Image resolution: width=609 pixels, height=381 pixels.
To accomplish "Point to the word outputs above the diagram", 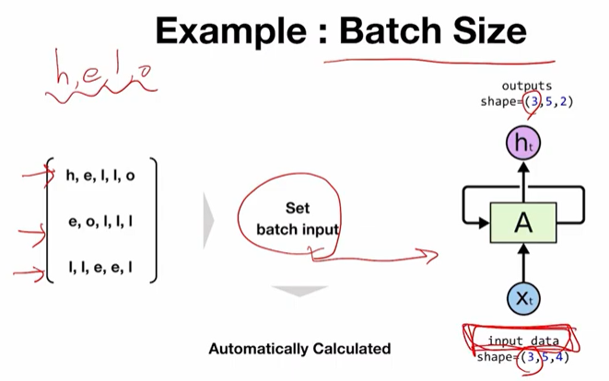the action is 527,87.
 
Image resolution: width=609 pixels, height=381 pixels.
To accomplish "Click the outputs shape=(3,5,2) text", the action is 526,101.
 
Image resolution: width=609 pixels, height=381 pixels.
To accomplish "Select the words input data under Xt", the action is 523,341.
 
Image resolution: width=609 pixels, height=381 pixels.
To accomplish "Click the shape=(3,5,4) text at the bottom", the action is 523,357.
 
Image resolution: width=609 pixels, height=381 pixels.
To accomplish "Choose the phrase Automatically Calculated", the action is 299,349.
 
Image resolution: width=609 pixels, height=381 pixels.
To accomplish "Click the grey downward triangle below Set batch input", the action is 299,293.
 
